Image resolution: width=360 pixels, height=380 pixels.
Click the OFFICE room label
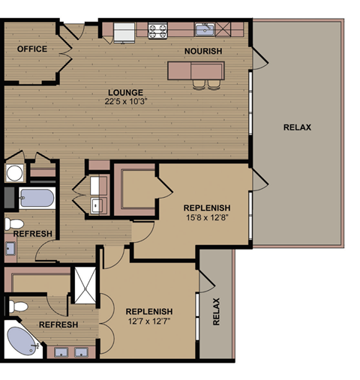click(x=32, y=49)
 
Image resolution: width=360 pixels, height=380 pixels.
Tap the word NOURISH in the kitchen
click(x=203, y=51)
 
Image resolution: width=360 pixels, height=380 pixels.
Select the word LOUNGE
click(x=125, y=92)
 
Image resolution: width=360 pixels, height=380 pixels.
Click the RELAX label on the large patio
click(x=297, y=127)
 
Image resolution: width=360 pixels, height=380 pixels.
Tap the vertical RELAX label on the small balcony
click(x=216, y=312)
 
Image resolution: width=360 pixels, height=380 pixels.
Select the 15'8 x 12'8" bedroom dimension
click(x=207, y=217)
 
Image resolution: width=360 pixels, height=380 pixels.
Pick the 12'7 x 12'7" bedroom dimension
click(x=149, y=322)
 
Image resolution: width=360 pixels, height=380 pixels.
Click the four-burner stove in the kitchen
click(x=157, y=31)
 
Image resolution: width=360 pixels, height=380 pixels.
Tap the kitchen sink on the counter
click(x=204, y=31)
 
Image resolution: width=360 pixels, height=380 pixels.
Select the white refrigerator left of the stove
click(x=124, y=31)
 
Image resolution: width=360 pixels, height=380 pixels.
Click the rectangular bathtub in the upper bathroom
click(x=36, y=199)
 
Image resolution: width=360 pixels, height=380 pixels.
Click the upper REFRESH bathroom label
click(x=33, y=234)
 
